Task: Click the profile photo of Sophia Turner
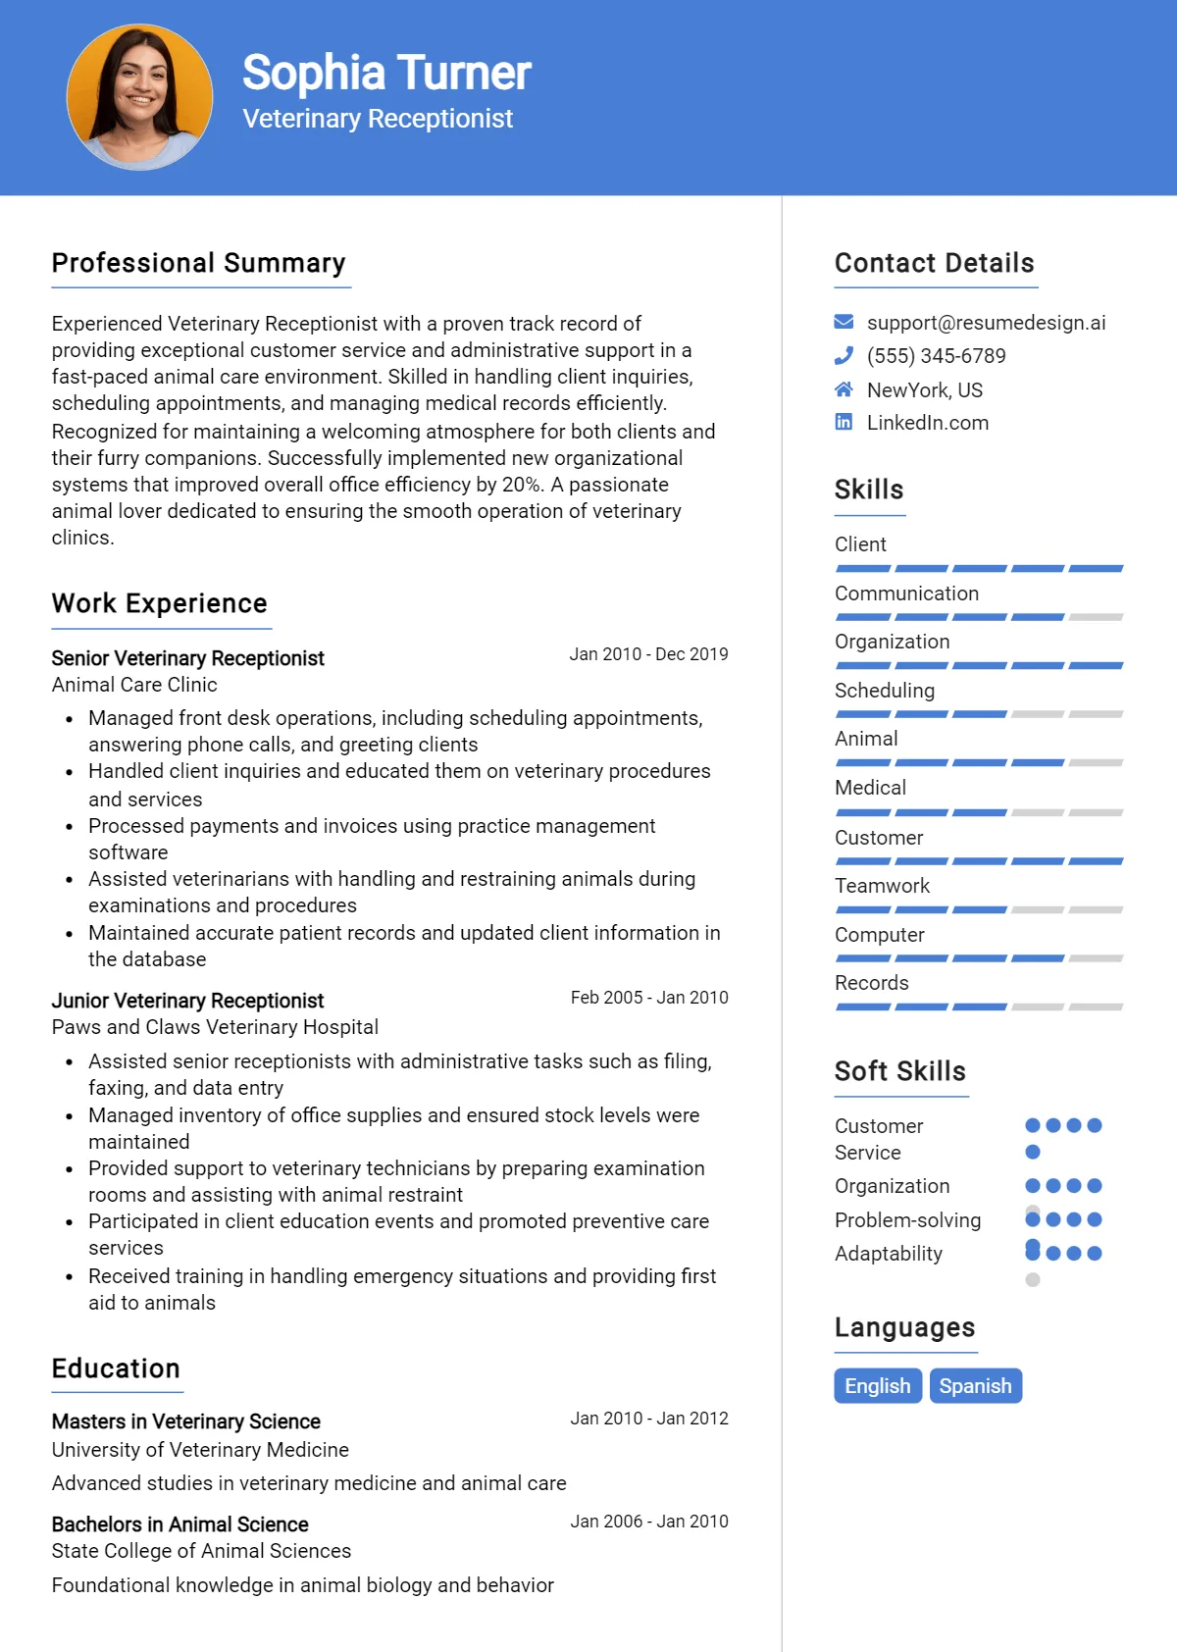pos(139,97)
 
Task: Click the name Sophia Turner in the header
pos(386,73)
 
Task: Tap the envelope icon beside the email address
pos(844,322)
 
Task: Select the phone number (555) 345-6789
pos(936,356)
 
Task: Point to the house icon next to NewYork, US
pos(844,389)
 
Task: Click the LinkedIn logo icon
pos(844,422)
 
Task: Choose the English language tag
pos(878,1385)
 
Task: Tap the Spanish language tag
pos(975,1385)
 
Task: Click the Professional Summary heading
pos(199,263)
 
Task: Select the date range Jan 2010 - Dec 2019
pos(648,654)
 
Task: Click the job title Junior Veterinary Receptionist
pos(187,1001)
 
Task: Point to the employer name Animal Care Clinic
pos(134,685)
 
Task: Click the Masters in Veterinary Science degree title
pos(186,1421)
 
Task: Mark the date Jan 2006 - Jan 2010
pos(649,1522)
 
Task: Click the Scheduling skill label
pos(885,691)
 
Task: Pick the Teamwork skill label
pos(882,886)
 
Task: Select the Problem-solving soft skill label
pos(907,1220)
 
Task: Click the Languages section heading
pos(904,1327)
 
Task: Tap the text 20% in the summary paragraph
pos(522,485)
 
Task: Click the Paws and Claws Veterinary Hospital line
pos(215,1027)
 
